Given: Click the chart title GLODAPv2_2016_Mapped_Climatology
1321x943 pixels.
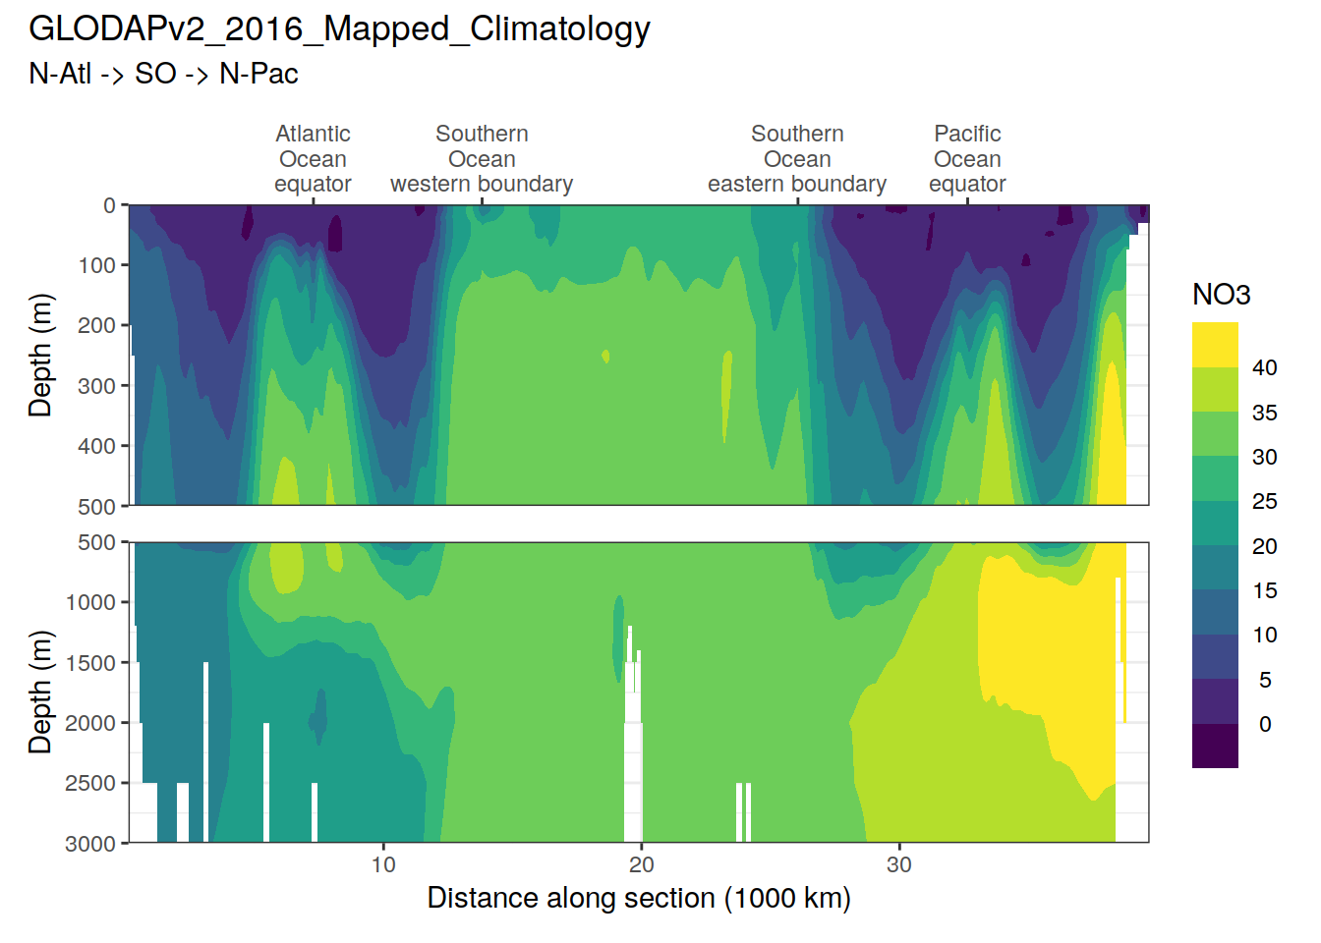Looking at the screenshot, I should click(339, 29).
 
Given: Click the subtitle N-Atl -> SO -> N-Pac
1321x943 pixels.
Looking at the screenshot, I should click(163, 74).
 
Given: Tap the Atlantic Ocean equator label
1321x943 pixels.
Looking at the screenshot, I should click(313, 159).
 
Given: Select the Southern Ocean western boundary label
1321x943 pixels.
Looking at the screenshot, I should click(482, 159).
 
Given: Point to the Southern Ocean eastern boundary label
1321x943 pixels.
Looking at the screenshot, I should click(797, 159).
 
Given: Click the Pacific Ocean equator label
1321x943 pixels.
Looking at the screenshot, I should click(967, 159).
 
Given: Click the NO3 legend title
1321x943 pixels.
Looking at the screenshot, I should click(1221, 295).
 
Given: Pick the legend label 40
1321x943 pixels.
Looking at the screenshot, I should click(1264, 367).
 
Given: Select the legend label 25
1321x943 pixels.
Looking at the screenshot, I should click(1264, 501).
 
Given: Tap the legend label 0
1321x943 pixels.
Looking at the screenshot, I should click(1265, 724).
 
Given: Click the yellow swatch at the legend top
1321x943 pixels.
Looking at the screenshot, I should click(1215, 345).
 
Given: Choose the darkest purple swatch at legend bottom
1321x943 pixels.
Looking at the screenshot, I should click(1215, 746).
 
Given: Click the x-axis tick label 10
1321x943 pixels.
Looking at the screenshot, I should click(383, 864).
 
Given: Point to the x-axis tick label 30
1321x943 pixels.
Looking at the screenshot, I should click(899, 864).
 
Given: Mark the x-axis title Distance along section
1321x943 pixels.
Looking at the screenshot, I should click(639, 898).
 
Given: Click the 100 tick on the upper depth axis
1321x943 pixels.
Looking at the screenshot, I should click(97, 265).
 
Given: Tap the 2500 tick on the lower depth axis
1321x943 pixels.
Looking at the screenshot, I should click(90, 783).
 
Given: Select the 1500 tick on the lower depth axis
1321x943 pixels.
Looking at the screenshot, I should click(90, 663).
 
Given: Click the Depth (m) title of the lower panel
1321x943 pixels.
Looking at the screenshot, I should click(40, 692).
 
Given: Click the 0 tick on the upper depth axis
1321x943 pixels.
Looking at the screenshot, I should click(109, 205).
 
